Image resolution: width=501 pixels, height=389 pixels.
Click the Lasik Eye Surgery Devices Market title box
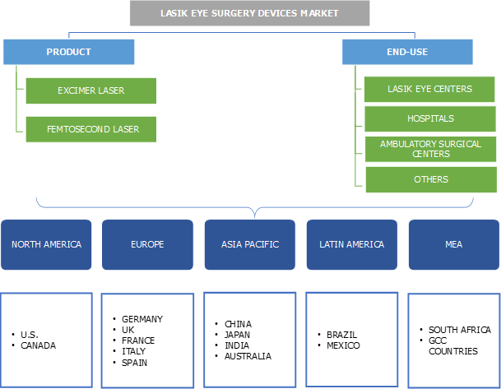click(249, 13)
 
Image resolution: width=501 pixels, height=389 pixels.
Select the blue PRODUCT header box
click(68, 52)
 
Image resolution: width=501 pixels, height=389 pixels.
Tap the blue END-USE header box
click(407, 52)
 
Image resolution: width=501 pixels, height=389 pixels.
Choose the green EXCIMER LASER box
click(90, 90)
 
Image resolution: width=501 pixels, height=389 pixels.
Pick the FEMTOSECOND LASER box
click(90, 129)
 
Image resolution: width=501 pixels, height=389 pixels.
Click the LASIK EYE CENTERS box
click(430, 89)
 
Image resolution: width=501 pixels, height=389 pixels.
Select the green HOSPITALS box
click(430, 118)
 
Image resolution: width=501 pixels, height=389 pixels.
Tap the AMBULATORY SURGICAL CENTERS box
click(430, 149)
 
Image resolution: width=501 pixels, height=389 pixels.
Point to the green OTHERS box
click(430, 178)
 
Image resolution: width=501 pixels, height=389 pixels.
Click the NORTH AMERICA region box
click(47, 244)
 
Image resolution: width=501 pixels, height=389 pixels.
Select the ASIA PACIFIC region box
click(250, 244)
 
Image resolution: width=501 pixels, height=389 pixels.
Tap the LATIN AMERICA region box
click(352, 244)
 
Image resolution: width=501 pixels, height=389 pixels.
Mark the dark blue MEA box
click(453, 244)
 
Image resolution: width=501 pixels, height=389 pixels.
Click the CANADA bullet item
click(39, 345)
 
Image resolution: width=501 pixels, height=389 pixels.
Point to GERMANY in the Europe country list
click(142, 319)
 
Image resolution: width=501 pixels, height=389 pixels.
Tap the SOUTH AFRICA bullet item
click(460, 330)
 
